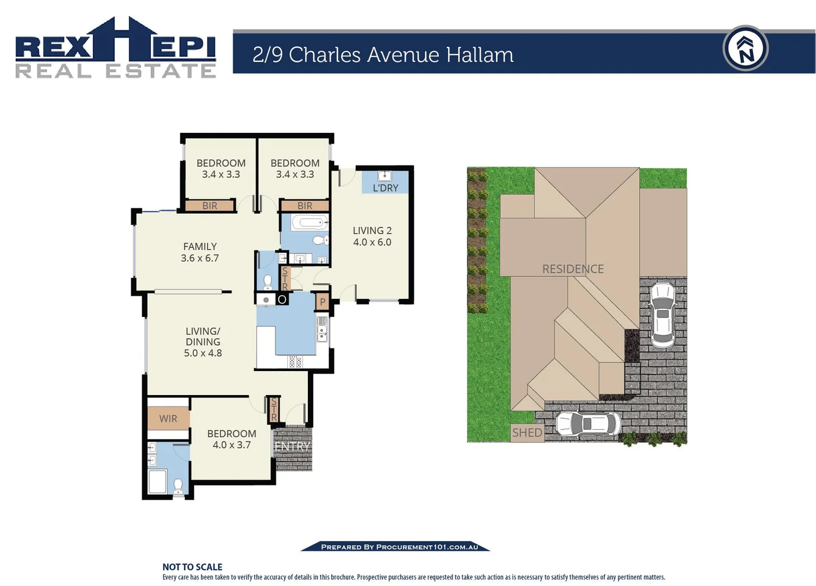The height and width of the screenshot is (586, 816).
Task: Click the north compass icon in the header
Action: tap(745, 48)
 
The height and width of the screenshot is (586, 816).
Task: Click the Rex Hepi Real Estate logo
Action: tap(116, 48)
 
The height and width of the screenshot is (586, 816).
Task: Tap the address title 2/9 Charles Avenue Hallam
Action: tap(383, 55)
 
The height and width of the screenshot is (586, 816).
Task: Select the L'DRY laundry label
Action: tap(385, 188)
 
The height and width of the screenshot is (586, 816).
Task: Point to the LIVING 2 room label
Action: tap(372, 237)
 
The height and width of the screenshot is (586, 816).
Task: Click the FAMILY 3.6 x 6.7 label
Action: tap(200, 252)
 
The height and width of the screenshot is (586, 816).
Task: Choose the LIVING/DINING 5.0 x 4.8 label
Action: tap(203, 342)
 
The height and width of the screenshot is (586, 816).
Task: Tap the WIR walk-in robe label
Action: tap(168, 418)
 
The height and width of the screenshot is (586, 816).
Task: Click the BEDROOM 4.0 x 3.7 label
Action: tap(231, 439)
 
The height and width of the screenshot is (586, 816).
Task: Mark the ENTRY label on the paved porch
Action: tap(292, 447)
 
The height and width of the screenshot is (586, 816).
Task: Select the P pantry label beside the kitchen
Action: tap(322, 302)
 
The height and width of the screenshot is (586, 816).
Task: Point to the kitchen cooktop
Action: tap(295, 362)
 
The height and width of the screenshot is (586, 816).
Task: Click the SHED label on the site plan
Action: tap(527, 432)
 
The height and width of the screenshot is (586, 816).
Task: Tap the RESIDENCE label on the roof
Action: tap(573, 269)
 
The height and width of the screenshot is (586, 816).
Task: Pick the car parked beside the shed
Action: tap(588, 424)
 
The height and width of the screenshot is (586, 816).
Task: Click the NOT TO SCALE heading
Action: tap(192, 567)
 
